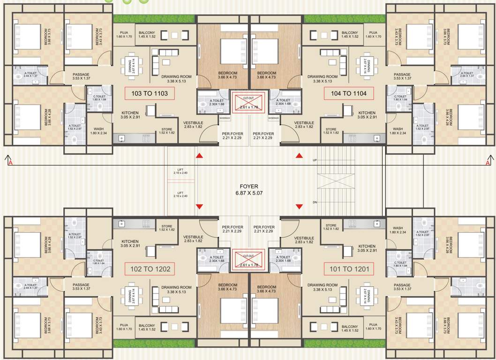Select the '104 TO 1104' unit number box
(348, 93)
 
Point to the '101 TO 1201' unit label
(348, 269)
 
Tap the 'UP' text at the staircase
(315, 160)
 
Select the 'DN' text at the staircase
(315, 202)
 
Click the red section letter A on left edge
(9, 163)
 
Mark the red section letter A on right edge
(488, 163)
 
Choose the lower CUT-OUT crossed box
(248, 259)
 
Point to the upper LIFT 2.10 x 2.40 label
(180, 171)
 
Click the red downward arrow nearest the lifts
(199, 207)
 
